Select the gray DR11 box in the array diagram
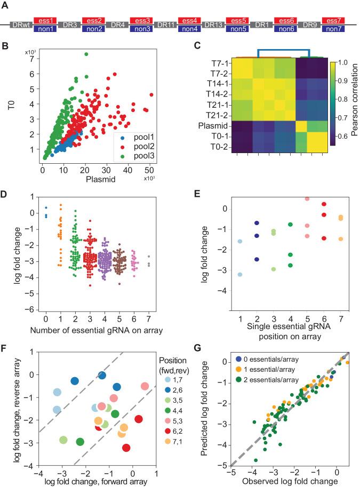164,25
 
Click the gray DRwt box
22,25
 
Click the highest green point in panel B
86,54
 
